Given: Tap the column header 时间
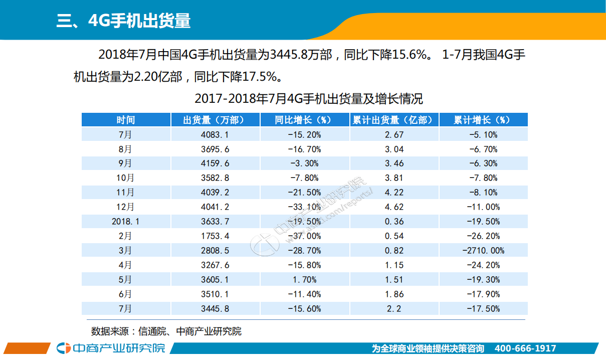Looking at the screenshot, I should (126, 120).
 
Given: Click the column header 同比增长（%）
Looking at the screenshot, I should (304, 120).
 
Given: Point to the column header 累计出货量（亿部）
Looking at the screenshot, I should (393, 120).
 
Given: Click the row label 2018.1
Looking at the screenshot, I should (126, 221).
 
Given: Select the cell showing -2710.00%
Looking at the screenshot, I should (483, 250).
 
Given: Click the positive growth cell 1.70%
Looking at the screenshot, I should (304, 279).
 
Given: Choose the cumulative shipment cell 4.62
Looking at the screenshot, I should (393, 207).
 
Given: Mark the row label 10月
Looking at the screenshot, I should (126, 177).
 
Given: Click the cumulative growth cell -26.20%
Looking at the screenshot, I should (483, 236).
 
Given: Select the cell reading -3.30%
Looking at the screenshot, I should (304, 163).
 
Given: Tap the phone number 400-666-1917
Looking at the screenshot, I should (525, 348).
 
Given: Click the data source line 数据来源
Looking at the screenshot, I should (166, 331).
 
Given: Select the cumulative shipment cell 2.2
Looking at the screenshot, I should (393, 308).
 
